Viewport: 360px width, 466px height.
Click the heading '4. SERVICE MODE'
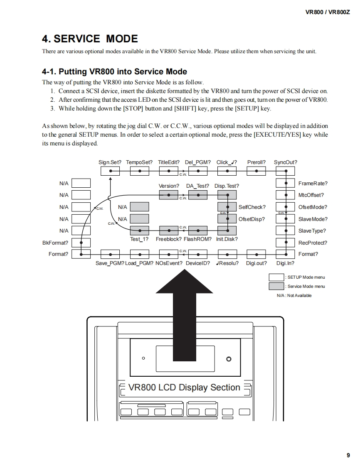[x=90, y=39]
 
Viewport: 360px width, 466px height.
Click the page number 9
[x=348, y=455]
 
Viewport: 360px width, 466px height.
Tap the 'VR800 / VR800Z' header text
[x=328, y=12]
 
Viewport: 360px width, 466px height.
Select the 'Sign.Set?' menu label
[x=110, y=162]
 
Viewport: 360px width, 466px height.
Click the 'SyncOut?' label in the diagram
[x=286, y=162]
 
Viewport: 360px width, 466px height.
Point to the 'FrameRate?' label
[x=313, y=183]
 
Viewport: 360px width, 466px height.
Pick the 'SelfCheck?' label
[x=252, y=207]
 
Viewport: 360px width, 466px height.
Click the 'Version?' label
[x=169, y=186]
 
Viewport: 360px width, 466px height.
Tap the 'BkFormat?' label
[x=55, y=243]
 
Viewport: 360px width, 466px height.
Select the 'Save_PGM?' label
[x=110, y=263]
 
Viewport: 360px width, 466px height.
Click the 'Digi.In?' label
[x=285, y=263]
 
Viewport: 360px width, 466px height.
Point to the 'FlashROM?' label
[x=197, y=239]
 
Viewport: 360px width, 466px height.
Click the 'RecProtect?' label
[x=313, y=243]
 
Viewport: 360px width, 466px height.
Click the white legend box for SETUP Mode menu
[x=276, y=277]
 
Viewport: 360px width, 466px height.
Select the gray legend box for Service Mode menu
[x=276, y=286]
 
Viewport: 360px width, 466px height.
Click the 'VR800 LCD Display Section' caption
[x=184, y=388]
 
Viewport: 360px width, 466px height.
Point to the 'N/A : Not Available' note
[x=294, y=295]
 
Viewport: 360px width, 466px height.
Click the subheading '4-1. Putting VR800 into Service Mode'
[x=114, y=71]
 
